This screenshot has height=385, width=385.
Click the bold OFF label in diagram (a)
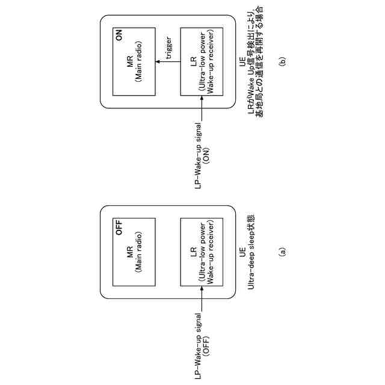coord(119,228)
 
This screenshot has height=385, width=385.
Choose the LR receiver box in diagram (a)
coord(202,252)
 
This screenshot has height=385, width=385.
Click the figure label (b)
coord(283,61)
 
